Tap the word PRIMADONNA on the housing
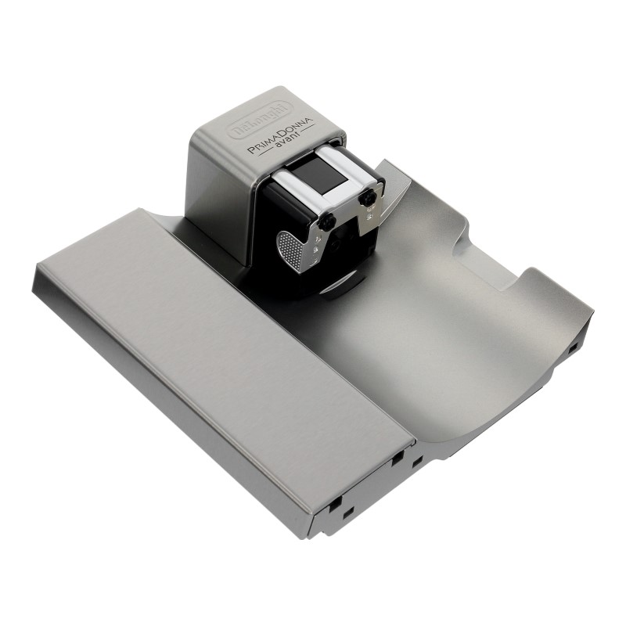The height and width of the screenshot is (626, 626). coord(281,135)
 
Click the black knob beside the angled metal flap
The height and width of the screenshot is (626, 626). coord(366,197)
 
